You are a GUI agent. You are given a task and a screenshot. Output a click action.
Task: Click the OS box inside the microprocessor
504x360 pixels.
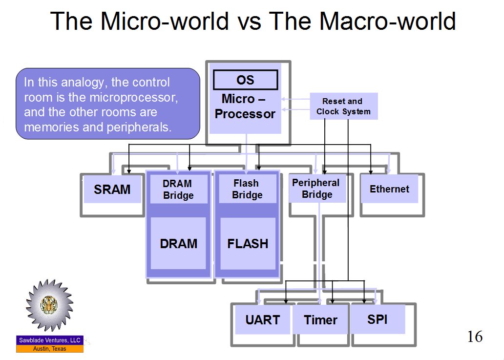pyautogui.click(x=245, y=80)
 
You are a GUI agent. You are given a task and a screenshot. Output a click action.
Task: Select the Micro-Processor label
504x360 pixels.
pyautogui.click(x=245, y=107)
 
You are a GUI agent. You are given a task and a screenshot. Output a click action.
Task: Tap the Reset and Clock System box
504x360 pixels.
pyautogui.click(x=343, y=106)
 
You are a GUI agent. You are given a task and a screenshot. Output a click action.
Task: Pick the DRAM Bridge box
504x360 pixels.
pyautogui.click(x=178, y=189)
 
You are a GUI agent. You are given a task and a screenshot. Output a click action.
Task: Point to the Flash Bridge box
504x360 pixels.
pyautogui.click(x=247, y=189)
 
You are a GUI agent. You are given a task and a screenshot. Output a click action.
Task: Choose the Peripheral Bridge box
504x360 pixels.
pyautogui.click(x=316, y=189)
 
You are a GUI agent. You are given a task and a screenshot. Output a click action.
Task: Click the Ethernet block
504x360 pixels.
pyautogui.click(x=389, y=189)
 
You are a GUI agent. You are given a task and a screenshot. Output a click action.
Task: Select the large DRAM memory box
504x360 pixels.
pyautogui.click(x=178, y=243)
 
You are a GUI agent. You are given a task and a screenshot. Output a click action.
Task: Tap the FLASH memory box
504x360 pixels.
pyautogui.click(x=248, y=243)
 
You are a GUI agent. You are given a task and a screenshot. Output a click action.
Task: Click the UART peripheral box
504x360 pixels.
pyautogui.click(x=263, y=320)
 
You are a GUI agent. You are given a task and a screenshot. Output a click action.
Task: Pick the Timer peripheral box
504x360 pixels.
pyautogui.click(x=320, y=320)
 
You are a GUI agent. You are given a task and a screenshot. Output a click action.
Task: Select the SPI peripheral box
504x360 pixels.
pyautogui.click(x=377, y=319)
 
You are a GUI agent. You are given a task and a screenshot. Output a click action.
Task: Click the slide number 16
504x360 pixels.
pyautogui.click(x=474, y=337)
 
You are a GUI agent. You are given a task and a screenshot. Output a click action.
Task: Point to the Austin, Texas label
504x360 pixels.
pyautogui.click(x=50, y=349)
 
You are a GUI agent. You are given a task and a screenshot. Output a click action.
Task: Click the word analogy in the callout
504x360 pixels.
pyautogui.click(x=85, y=83)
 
